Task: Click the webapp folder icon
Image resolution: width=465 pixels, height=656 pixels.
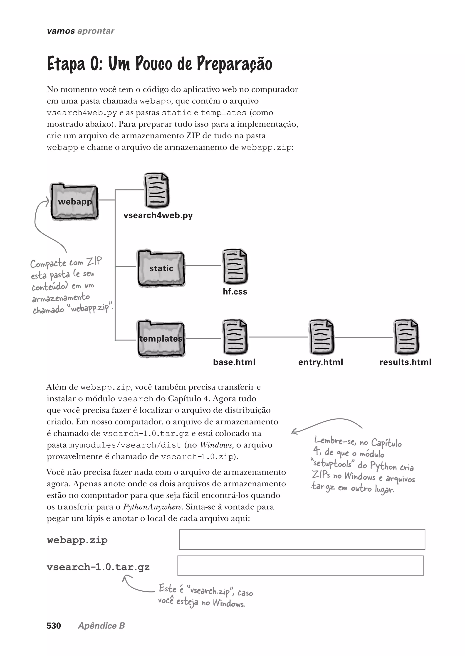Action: (x=74, y=202)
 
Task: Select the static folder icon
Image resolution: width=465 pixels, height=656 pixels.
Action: (x=161, y=268)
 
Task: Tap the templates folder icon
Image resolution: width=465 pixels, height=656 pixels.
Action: (x=161, y=339)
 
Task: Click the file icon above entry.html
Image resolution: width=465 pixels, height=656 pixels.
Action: (x=321, y=337)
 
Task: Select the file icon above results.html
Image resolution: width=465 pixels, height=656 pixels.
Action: (x=406, y=337)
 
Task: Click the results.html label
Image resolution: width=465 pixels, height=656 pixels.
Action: (x=405, y=362)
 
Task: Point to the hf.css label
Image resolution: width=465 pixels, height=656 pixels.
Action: (x=235, y=291)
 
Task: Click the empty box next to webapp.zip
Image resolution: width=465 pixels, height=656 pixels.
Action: (x=302, y=540)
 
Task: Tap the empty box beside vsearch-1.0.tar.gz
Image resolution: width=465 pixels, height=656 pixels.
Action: (x=300, y=565)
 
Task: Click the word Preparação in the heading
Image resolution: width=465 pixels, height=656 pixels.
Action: (x=234, y=64)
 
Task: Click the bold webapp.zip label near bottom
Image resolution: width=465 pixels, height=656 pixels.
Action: (x=77, y=540)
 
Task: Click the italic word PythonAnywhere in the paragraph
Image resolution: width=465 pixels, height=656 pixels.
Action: (x=153, y=507)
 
